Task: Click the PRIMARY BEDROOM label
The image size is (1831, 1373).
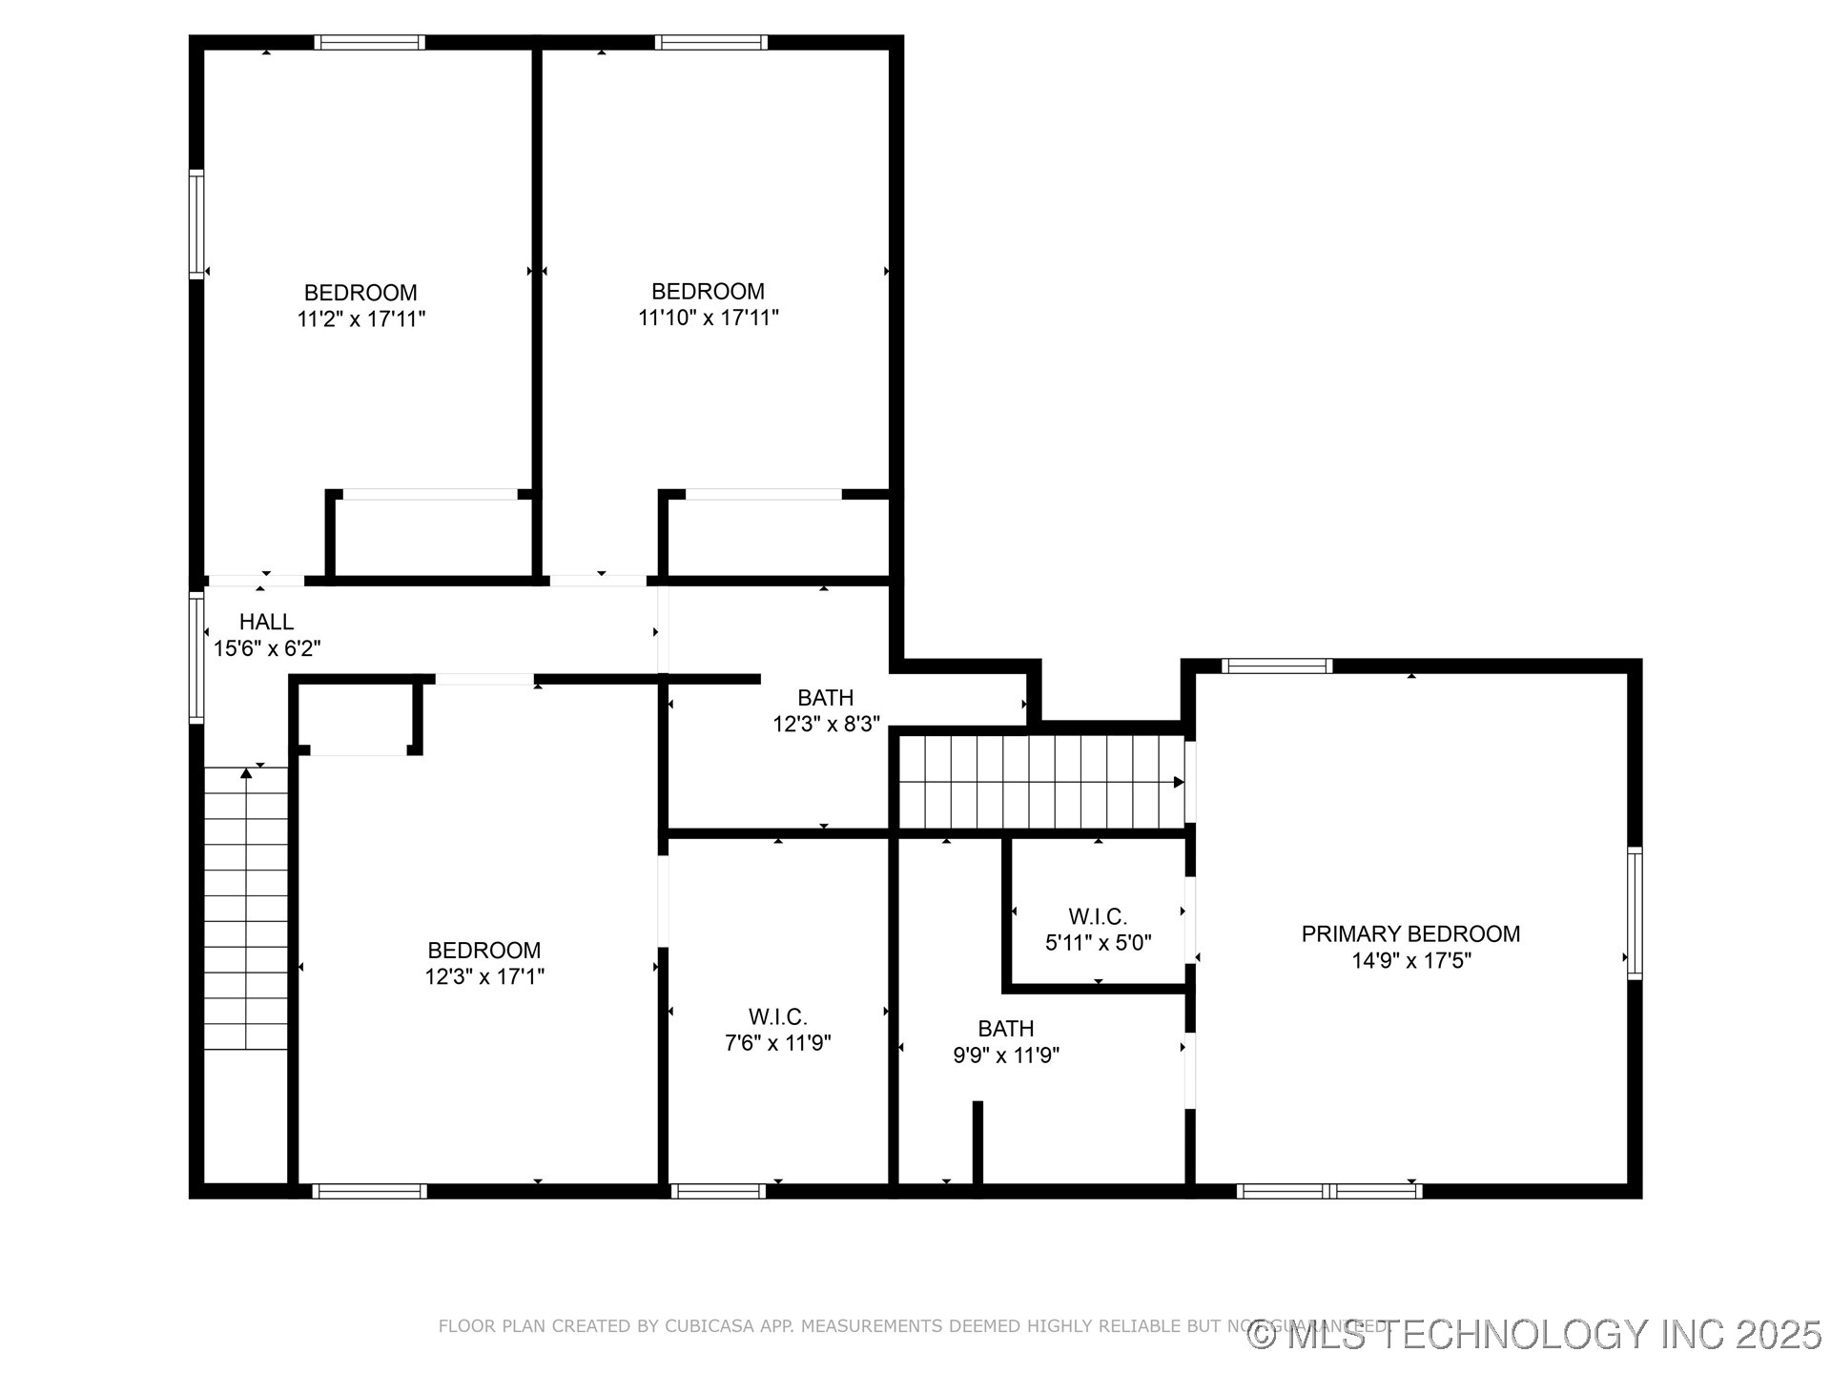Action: pos(1410,934)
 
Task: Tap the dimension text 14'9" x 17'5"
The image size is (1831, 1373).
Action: pos(1410,961)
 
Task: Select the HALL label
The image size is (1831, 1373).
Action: pos(266,622)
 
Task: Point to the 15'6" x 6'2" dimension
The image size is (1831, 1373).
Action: pos(266,649)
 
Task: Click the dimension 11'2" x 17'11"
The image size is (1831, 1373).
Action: pos(360,319)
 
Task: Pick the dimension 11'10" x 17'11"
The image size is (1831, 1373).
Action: pos(708,318)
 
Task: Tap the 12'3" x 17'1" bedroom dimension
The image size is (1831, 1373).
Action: pos(484,977)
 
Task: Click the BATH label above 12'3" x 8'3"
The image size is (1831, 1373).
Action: pos(825,698)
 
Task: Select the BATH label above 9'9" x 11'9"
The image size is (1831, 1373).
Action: pos(1005,1029)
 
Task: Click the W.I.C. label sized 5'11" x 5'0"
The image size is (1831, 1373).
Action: pos(1098,917)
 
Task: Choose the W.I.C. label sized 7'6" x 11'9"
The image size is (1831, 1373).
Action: pos(777,1017)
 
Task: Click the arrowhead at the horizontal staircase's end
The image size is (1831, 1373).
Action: pos(1179,783)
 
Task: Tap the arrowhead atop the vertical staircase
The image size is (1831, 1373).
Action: pos(246,773)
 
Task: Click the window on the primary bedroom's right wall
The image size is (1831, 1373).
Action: pos(1635,912)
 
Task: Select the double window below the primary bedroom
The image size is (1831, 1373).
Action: pos(1329,1191)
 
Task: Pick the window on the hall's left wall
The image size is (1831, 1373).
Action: pos(196,657)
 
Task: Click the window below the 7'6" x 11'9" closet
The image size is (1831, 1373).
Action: pos(718,1191)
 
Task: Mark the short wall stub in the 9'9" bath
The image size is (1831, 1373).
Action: pos(977,1142)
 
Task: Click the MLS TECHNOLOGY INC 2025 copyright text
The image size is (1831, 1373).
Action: pos(1534,1335)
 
